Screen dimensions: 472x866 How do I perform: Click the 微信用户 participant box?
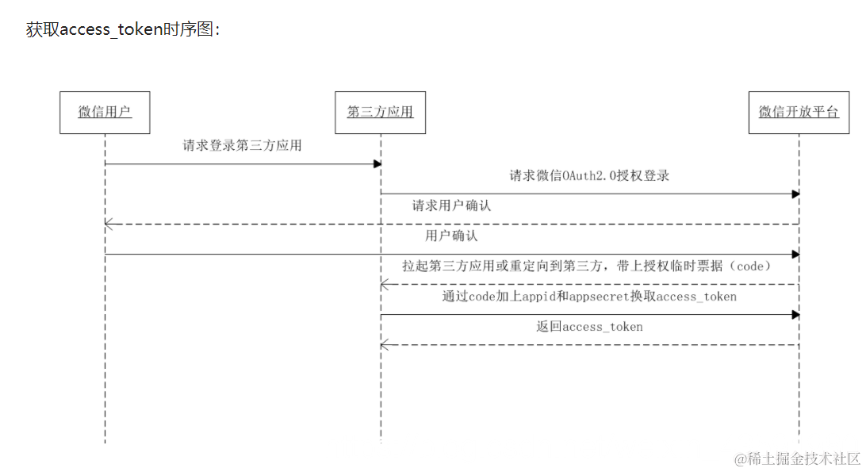105,113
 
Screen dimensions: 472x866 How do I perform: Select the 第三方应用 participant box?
380,113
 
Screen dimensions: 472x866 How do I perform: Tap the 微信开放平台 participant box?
799,113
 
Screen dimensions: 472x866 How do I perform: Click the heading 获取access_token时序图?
123,30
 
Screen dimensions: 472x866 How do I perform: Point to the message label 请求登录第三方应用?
242,146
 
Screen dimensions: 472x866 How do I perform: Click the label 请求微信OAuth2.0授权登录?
589,176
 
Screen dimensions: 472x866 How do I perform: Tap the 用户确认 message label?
451,236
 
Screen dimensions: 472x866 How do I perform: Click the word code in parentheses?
749,267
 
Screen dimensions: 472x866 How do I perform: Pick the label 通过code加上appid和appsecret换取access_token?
589,297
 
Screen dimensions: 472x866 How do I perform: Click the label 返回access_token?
589,327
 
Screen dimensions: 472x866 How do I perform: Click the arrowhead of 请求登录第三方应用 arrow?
377,164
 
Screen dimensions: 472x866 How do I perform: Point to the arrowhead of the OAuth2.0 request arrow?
795,194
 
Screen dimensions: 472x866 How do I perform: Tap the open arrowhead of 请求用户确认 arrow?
109,224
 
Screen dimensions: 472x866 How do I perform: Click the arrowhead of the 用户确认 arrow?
795,255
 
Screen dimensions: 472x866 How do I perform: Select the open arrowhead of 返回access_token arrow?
385,345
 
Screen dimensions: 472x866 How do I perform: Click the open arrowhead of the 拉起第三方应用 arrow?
385,285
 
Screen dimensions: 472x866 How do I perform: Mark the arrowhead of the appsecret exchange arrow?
795,315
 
